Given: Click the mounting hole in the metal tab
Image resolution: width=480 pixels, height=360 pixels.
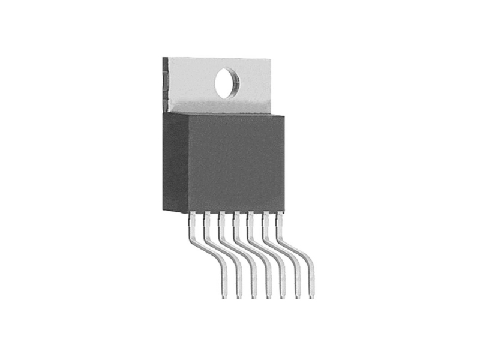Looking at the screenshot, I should (x=227, y=83).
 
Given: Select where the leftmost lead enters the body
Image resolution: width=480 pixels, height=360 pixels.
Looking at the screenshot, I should (x=193, y=215).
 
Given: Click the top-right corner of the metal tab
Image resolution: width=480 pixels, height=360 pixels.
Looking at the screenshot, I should (x=271, y=59).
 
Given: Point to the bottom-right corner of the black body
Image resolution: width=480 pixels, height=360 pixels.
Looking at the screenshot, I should (x=284, y=211).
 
